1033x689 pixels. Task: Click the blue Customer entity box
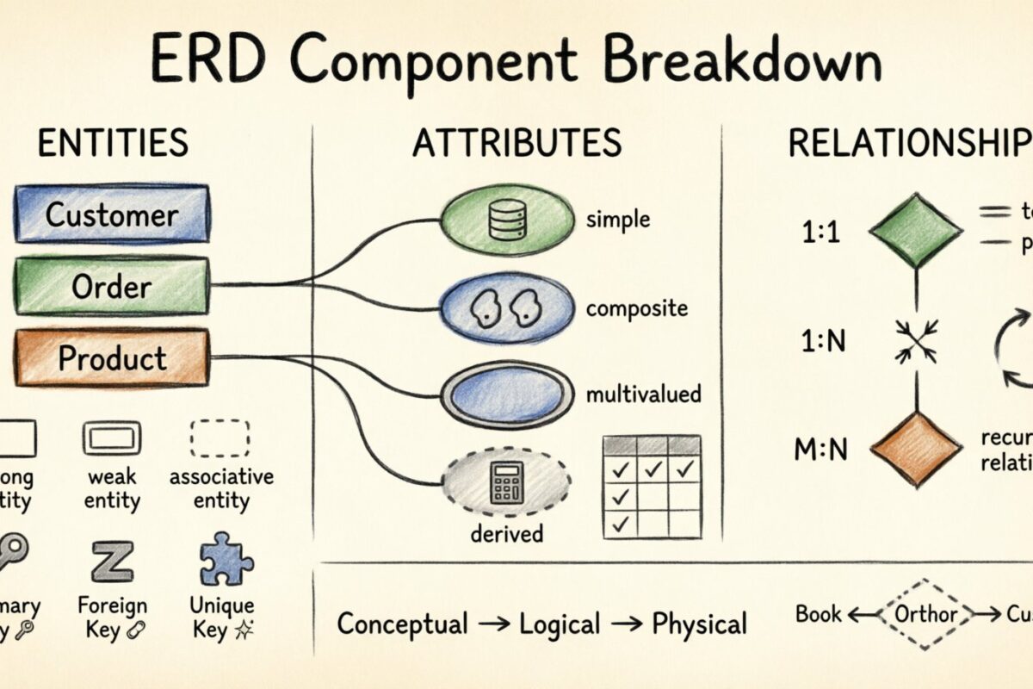(111, 214)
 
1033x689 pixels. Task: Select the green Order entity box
(111, 287)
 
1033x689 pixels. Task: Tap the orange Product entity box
(111, 358)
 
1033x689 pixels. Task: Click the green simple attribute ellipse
(507, 220)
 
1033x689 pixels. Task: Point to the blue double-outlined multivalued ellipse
(507, 395)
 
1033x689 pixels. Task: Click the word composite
(636, 308)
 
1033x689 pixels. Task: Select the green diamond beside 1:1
(915, 230)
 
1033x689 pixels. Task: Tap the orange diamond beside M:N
(915, 449)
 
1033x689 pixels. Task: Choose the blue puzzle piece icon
(226, 560)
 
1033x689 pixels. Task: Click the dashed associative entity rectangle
(220, 438)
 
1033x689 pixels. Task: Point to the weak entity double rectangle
(112, 438)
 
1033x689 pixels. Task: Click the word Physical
(699, 624)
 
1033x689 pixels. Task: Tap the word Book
(819, 614)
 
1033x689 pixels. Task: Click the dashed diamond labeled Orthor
(925, 615)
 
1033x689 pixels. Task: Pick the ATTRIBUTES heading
(516, 144)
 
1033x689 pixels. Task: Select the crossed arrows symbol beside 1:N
(915, 342)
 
